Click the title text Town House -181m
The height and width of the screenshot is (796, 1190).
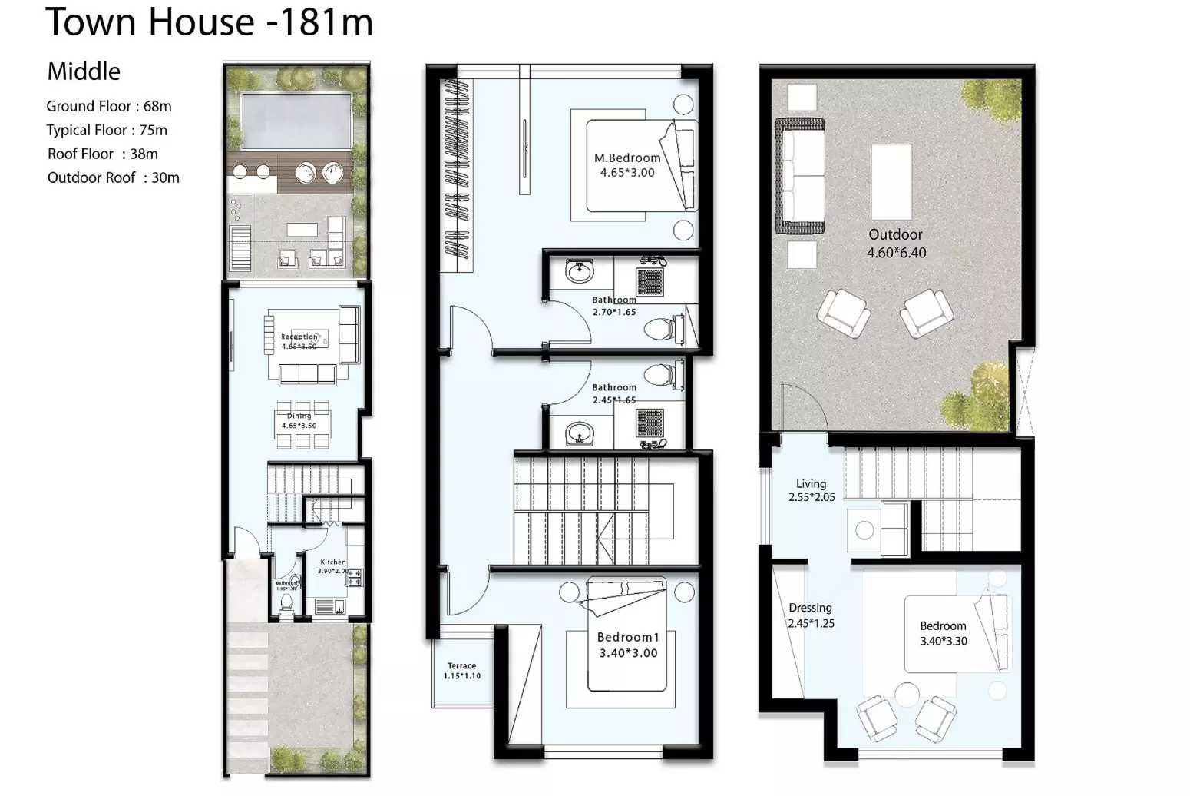coord(209,22)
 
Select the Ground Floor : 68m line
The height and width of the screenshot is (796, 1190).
coord(108,106)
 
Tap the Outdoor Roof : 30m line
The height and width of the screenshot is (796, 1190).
coord(113,177)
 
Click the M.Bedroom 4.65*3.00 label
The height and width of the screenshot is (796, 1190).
coord(627,165)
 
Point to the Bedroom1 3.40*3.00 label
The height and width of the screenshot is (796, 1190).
coord(628,645)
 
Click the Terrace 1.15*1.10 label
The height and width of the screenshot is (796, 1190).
coord(461,671)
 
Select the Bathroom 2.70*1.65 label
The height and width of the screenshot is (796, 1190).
coord(614,306)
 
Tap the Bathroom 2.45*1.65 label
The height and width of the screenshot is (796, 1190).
coord(614,393)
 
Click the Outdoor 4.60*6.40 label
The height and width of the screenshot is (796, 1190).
coord(896,243)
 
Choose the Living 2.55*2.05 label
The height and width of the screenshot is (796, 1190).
coord(812,490)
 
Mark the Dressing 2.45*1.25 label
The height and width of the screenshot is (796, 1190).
coord(811,615)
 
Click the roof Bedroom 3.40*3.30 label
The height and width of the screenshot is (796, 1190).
coord(944,633)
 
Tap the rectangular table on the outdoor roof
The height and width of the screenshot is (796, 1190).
coord(891,182)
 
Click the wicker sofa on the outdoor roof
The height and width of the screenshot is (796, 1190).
coord(799,176)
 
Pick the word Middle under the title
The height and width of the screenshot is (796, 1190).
coord(84,71)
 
